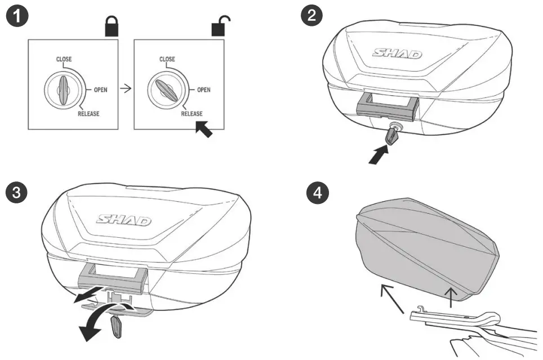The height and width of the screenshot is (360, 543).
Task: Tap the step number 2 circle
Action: click(x=311, y=16)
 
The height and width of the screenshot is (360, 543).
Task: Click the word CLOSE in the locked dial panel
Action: click(x=63, y=59)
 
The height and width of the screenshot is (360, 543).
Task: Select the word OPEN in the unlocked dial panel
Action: click(x=203, y=90)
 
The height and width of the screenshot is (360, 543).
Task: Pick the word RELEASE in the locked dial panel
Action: click(x=88, y=114)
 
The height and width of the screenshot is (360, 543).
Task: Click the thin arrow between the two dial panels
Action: click(x=126, y=89)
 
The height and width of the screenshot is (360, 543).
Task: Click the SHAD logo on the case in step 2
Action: click(x=397, y=54)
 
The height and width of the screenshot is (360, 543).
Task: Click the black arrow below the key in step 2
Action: click(x=379, y=154)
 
